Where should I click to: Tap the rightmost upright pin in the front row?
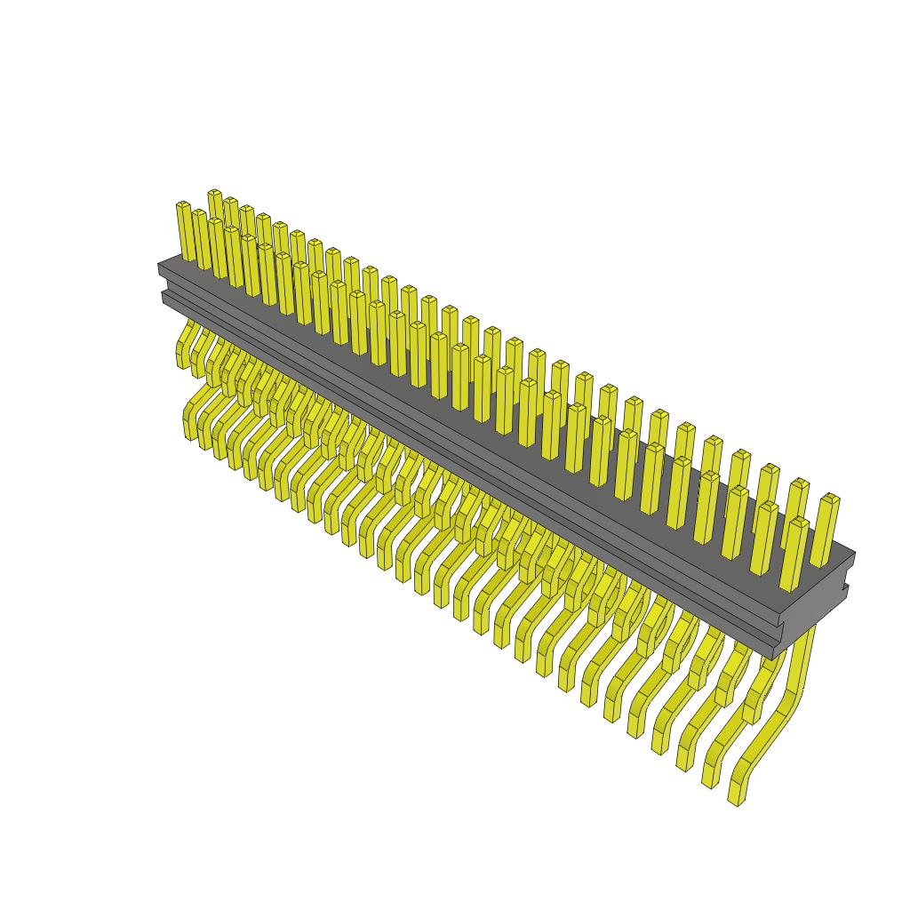[794, 555]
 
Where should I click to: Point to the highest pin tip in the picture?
[214, 193]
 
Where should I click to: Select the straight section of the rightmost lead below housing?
[803, 658]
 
